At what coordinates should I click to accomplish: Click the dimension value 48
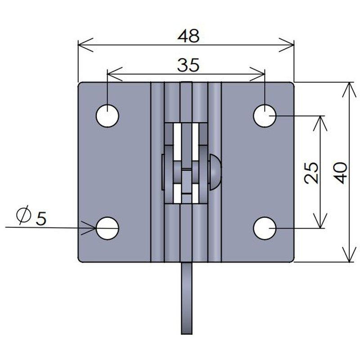point(189,36)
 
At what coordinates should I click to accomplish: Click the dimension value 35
point(188,65)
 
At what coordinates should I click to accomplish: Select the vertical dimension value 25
point(311,173)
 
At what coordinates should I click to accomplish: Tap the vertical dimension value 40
point(340,173)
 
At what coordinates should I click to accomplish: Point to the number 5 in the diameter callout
point(41,218)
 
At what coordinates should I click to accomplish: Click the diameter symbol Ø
point(24,214)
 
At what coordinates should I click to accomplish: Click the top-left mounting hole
point(108,116)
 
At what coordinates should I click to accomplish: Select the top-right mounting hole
point(265,116)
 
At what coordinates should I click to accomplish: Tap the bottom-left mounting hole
point(108,229)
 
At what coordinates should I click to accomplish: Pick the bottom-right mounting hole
point(265,229)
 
